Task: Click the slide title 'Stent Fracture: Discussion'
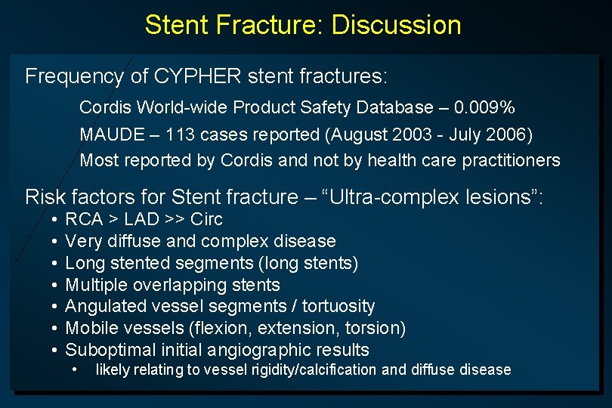[x=302, y=25]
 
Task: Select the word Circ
[x=206, y=220]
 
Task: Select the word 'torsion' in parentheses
[x=376, y=328]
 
